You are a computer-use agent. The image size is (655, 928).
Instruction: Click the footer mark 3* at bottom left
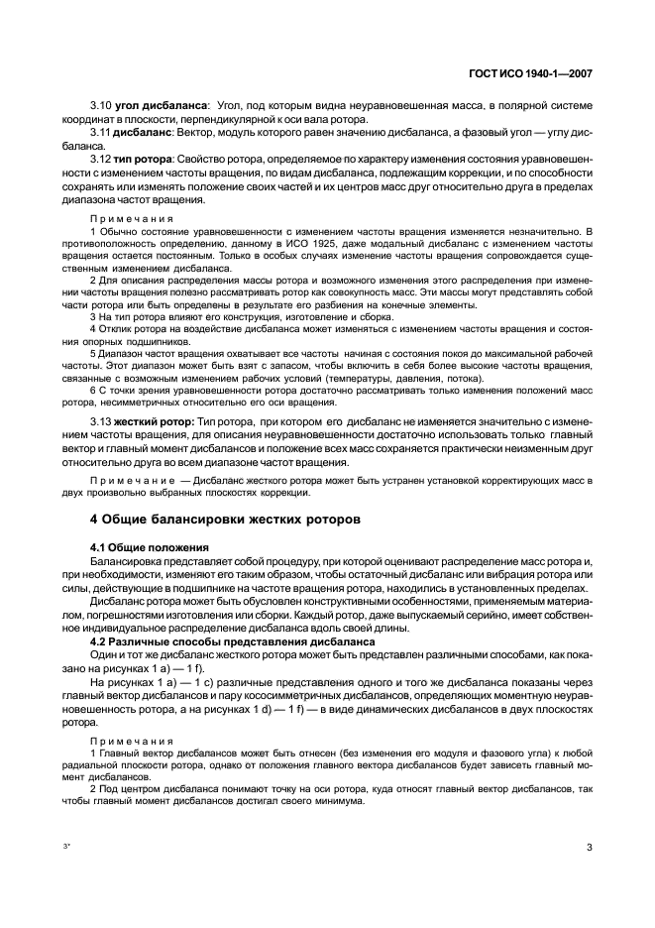67,846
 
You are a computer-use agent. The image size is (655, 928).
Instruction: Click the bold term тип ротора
144,160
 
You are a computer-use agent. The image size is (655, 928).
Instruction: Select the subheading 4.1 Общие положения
150,546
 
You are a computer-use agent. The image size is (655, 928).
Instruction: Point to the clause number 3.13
101,421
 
